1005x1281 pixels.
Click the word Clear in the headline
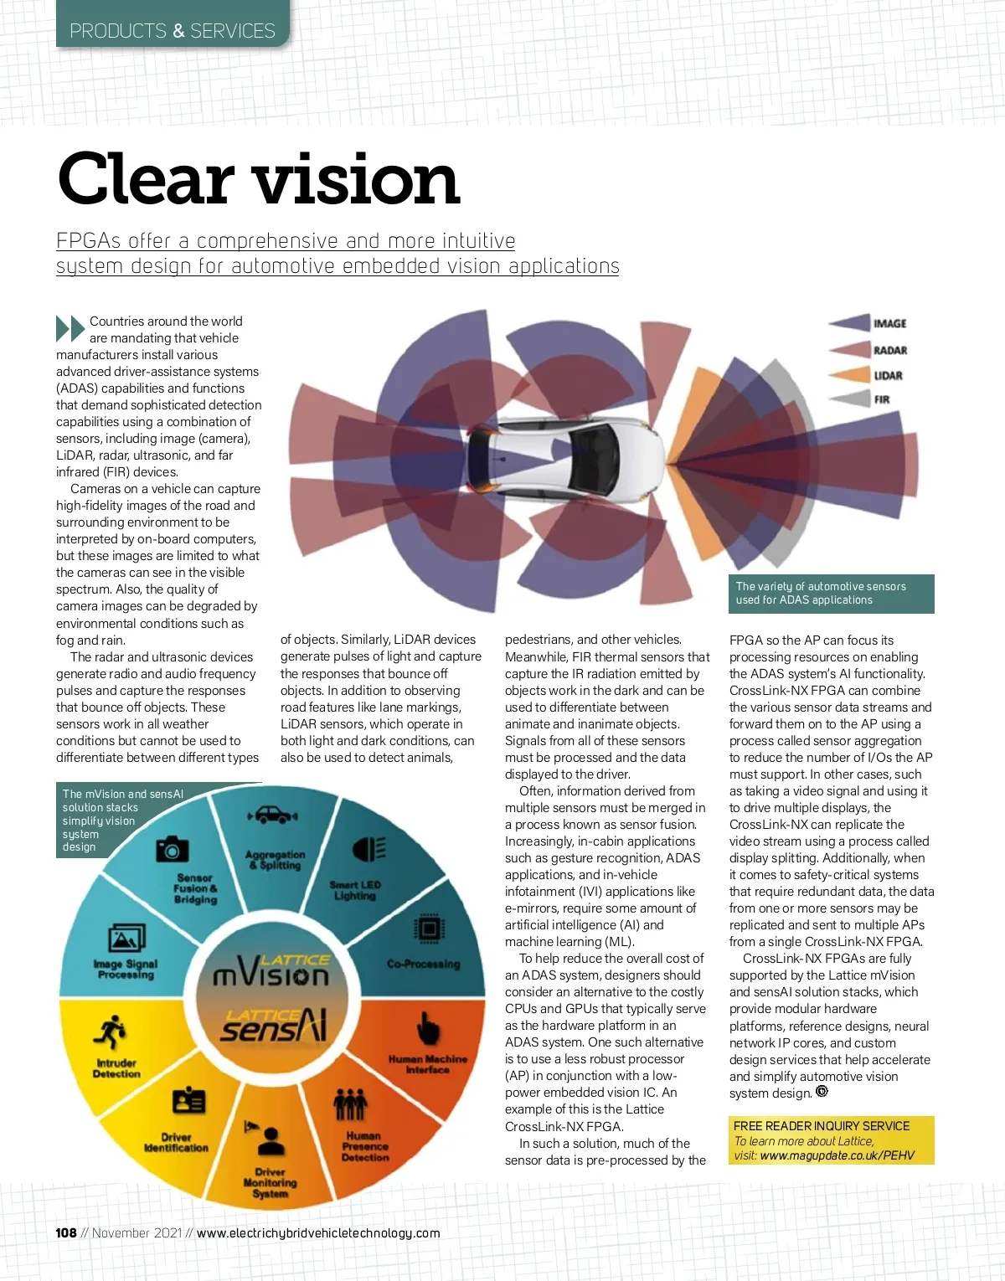coord(145,179)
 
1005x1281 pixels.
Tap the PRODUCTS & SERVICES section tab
coord(173,31)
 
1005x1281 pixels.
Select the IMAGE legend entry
coord(889,323)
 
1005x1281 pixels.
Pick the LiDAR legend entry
coord(888,376)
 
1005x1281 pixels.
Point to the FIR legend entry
coord(882,400)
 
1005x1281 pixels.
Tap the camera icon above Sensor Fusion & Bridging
coord(173,849)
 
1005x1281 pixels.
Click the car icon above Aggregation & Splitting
coord(273,814)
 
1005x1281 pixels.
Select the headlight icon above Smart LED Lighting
coord(369,849)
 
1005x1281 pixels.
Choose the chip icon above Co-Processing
coord(428,929)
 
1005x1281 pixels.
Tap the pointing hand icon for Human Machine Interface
coord(428,1027)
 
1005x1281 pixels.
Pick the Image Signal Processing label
coord(126,969)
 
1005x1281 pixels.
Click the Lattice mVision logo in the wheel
coord(271,971)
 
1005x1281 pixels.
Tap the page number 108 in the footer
coord(66,1232)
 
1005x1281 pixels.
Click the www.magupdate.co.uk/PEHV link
coord(837,1155)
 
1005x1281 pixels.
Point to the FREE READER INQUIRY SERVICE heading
coord(821,1126)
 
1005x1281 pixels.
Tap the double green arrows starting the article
coord(70,328)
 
